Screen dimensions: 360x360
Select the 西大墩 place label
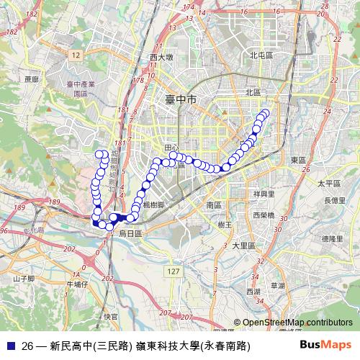[x=161, y=58]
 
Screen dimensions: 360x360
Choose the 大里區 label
[x=244, y=246]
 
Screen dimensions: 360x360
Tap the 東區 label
[x=298, y=159]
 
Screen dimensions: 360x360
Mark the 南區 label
[x=213, y=204]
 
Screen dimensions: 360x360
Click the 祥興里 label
[x=264, y=194]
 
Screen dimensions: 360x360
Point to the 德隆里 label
[x=332, y=238]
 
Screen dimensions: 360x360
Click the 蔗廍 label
[x=30, y=79]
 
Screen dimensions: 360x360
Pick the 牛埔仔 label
[x=76, y=284]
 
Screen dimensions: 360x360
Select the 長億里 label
[x=334, y=200]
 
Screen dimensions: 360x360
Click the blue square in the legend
[x=9, y=346]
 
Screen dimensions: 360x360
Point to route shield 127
[x=171, y=271]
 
